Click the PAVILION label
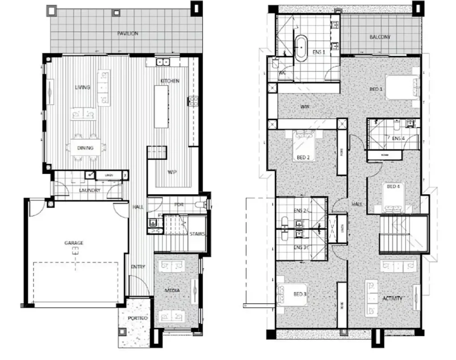pos(127,33)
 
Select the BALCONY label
pos(379,37)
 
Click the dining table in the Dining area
pos(85,148)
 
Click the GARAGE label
pos(74,243)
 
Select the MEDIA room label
pos(172,290)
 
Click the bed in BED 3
pos(292,295)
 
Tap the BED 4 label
pos(393,186)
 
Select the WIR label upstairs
pos(305,107)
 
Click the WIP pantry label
pos(172,172)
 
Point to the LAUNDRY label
pos(90,190)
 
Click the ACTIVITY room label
pos(392,299)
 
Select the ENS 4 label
pos(399,138)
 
